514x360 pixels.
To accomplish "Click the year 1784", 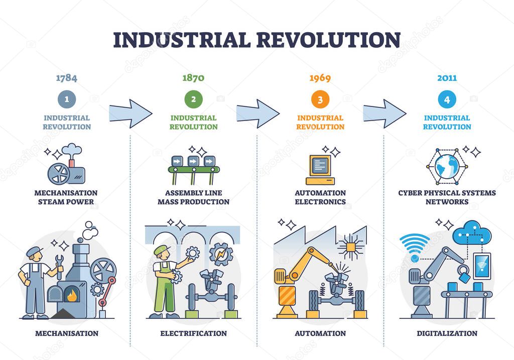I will pos(66,78).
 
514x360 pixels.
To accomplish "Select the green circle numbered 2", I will pos(193,99).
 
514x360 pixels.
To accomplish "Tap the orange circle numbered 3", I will pos(320,99).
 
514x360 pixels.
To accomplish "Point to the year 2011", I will pos(447,78).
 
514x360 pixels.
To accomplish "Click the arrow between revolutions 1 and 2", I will pos(130,113).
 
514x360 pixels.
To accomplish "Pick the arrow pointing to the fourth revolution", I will pos(384,113).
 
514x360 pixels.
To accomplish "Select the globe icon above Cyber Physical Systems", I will pos(447,166).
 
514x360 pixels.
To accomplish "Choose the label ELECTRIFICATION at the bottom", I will pos(193,333).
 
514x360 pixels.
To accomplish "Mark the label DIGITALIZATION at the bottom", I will pos(447,333).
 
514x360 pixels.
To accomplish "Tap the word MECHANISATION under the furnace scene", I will pos(66,333).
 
